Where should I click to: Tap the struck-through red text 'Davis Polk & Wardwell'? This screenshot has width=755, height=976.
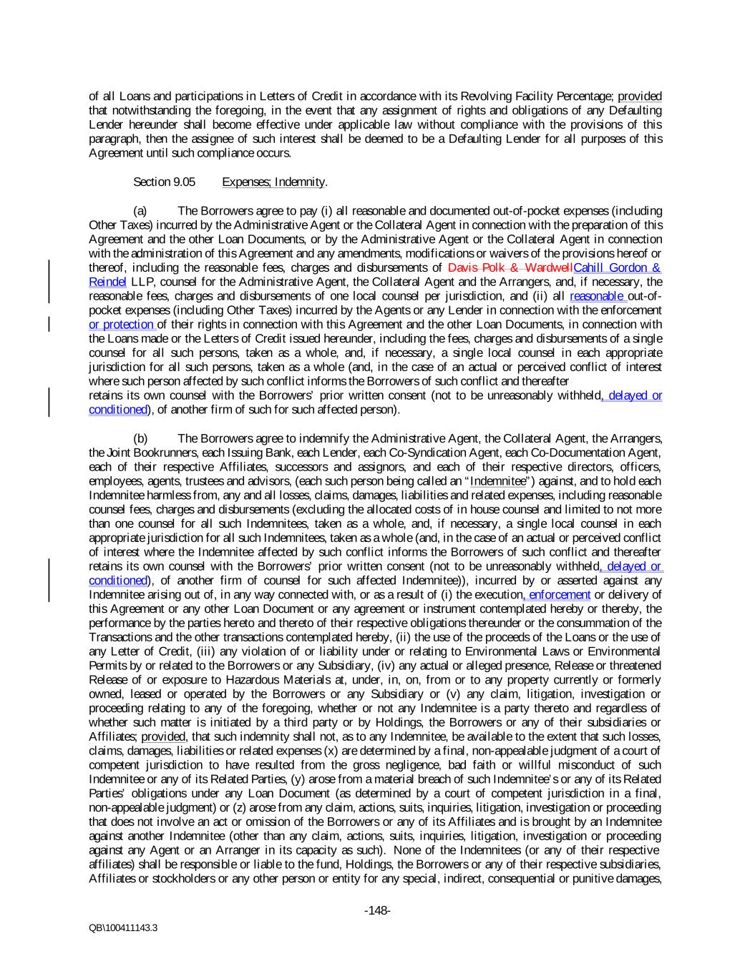(x=510, y=268)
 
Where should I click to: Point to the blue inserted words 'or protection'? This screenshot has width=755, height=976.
(x=121, y=325)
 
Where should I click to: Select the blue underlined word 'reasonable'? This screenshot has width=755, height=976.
(x=598, y=296)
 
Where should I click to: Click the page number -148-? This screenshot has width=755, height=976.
(x=377, y=911)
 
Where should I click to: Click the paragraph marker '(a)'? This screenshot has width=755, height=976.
(x=141, y=211)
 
